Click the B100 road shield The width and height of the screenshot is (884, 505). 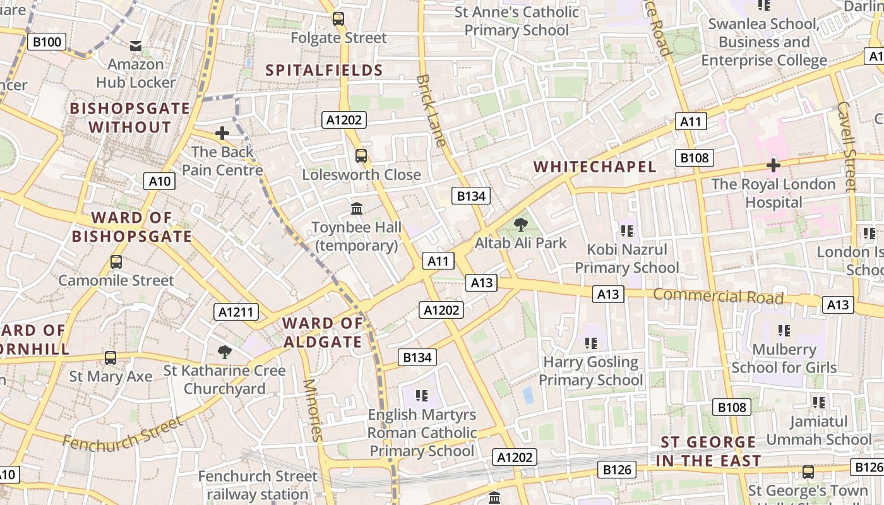[x=47, y=42]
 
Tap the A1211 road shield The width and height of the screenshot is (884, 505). [x=237, y=312]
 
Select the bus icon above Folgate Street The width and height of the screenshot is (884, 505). [x=338, y=19]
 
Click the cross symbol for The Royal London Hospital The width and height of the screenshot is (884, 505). [x=773, y=165]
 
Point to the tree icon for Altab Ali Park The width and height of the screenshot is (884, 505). [x=521, y=224]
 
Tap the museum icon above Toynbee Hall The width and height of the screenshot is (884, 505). [x=357, y=208]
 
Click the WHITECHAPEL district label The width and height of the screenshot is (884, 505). [x=595, y=167]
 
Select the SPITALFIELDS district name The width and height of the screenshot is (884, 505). [x=325, y=70]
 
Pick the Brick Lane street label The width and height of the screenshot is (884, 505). [x=433, y=111]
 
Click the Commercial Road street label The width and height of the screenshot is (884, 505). [x=718, y=296]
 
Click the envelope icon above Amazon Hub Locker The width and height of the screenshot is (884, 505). [x=136, y=45]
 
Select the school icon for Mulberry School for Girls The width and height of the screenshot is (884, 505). [x=784, y=330]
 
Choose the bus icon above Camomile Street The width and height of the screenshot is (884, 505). [x=116, y=261]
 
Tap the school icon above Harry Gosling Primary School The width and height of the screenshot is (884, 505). [x=591, y=343]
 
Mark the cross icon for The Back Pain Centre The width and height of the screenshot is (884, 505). [x=222, y=133]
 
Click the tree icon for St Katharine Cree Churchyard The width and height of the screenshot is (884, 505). [x=224, y=352]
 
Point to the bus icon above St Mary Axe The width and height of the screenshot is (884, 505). [x=110, y=358]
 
